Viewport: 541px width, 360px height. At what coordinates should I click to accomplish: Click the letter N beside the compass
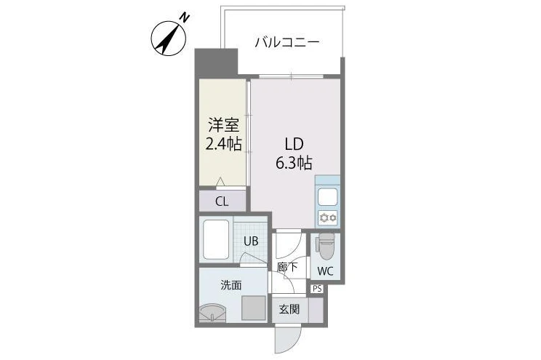[x=186, y=17]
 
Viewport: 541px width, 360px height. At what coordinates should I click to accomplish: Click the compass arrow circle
[x=169, y=38]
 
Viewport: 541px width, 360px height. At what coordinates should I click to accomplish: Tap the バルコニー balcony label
[x=287, y=42]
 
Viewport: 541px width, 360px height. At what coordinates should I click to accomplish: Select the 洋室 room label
[x=223, y=125]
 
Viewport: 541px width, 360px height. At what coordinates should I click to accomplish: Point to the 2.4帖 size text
[x=223, y=144]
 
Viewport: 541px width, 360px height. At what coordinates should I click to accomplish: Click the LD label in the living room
[x=294, y=144]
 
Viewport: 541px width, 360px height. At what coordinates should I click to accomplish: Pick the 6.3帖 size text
[x=294, y=163]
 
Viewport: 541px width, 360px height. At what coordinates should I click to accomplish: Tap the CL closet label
[x=222, y=201]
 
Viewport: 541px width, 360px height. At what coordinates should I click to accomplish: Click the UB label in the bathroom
[x=251, y=241]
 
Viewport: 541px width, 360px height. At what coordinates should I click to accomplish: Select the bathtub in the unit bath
[x=216, y=239]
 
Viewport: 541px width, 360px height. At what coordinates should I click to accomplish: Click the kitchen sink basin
[x=327, y=197]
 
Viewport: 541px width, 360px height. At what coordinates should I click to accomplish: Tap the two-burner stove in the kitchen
[x=327, y=217]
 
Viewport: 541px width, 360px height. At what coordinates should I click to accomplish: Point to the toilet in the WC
[x=325, y=246]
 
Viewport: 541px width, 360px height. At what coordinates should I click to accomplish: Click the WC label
[x=325, y=271]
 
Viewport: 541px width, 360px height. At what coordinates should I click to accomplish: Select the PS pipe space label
[x=317, y=289]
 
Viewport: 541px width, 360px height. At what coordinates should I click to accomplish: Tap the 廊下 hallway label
[x=287, y=267]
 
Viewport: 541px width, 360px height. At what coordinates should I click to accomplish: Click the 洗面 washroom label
[x=231, y=285]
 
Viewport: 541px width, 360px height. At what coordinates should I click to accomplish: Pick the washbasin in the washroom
[x=212, y=313]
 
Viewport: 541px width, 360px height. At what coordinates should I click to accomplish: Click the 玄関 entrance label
[x=289, y=309]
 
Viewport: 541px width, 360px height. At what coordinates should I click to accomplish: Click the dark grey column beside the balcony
[x=217, y=63]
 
